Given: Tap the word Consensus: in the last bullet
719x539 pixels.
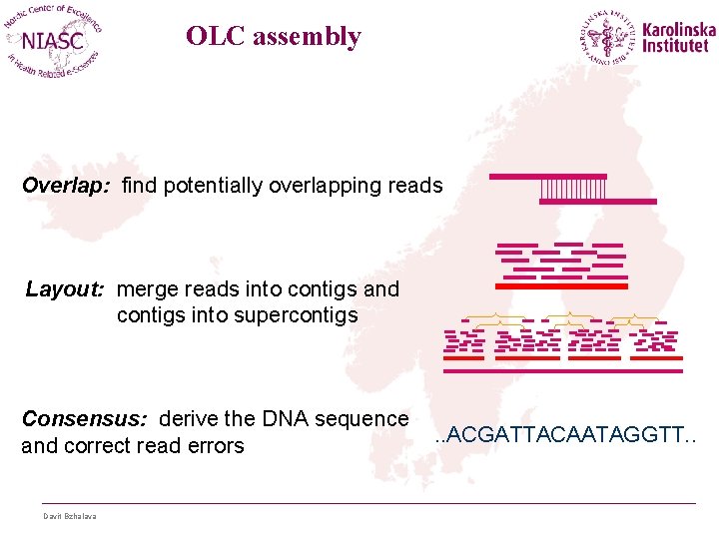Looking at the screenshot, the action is (x=86, y=418).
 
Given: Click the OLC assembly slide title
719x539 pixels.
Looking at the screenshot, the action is (x=274, y=37).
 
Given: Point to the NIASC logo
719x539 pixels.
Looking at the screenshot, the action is (x=55, y=42).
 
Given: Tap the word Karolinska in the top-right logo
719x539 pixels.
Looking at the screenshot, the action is (x=679, y=30).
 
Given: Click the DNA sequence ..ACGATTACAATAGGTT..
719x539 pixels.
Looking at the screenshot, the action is (x=566, y=436).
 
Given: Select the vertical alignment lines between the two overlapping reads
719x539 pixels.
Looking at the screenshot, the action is (x=573, y=189).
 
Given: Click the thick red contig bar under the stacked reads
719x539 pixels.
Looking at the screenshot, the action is (x=561, y=286).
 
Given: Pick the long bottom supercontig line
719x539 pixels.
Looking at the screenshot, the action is (x=562, y=370).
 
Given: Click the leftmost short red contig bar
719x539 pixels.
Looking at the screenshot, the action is (x=463, y=357).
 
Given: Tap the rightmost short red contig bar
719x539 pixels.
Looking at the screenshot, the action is (x=658, y=357).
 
